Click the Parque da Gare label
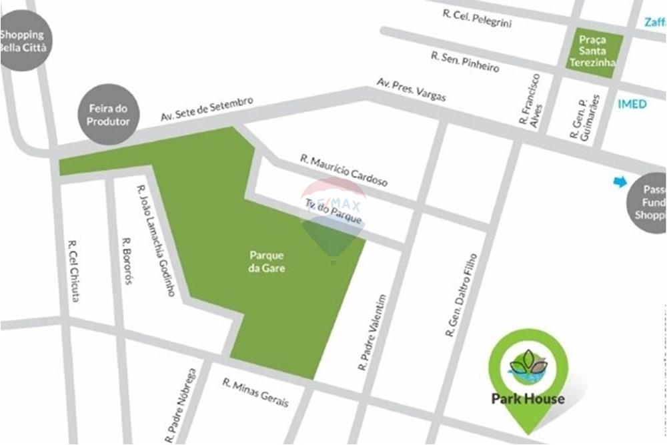267,262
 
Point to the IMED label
632,104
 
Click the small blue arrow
620,181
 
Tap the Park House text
528,399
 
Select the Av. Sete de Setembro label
207,109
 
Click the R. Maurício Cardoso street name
344,170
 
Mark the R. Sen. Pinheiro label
465,62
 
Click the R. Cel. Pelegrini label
477,18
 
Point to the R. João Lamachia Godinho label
155,241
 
